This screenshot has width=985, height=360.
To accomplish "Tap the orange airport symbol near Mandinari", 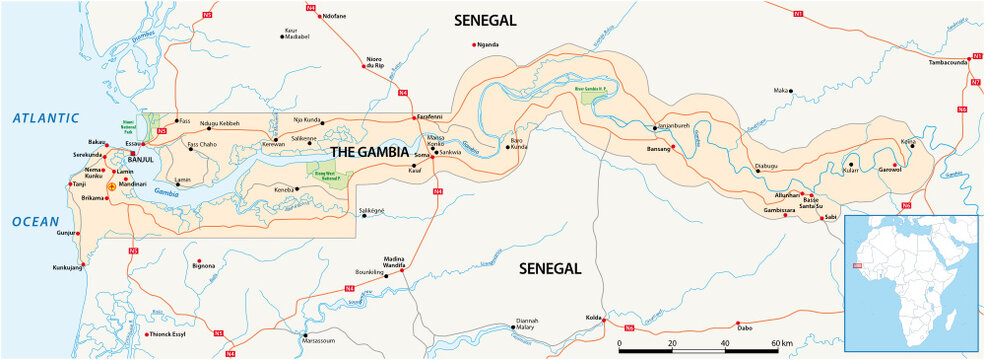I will click(111, 186).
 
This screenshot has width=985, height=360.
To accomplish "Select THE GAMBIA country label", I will click(369, 152).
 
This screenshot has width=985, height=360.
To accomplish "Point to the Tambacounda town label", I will click(948, 62).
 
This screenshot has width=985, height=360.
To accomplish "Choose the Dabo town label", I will click(744, 328).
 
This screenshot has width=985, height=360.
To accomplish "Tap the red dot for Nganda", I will click(475, 45).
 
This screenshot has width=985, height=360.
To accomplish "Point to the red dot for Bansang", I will click(674, 148).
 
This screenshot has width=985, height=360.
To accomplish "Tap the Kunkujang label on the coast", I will click(68, 268).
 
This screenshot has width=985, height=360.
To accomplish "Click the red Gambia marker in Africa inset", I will click(856, 266).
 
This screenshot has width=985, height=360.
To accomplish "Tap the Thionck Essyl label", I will click(166, 334).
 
